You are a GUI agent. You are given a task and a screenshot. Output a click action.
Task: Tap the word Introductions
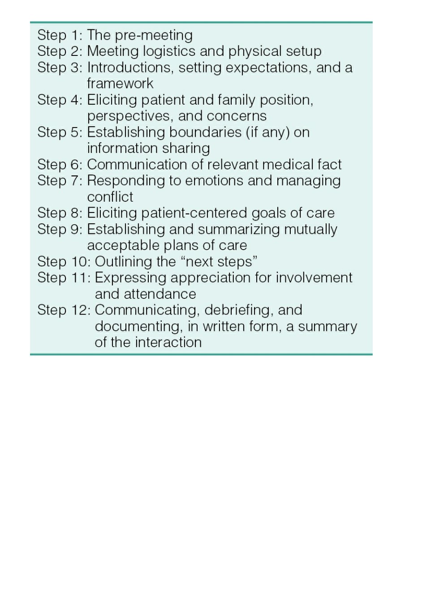[130, 68]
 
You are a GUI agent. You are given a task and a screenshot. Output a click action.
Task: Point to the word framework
[120, 83]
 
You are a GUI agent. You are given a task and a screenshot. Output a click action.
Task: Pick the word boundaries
[205, 132]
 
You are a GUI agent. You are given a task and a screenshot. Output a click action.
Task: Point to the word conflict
[110, 197]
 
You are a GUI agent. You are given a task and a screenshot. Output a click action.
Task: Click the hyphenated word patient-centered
[194, 213]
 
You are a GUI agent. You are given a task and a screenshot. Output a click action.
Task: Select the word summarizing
[239, 230]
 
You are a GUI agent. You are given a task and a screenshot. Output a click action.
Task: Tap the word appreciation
[211, 278]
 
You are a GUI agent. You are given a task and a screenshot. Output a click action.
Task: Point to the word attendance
[160, 294]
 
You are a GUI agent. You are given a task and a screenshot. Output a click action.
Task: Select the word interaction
[168, 342]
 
